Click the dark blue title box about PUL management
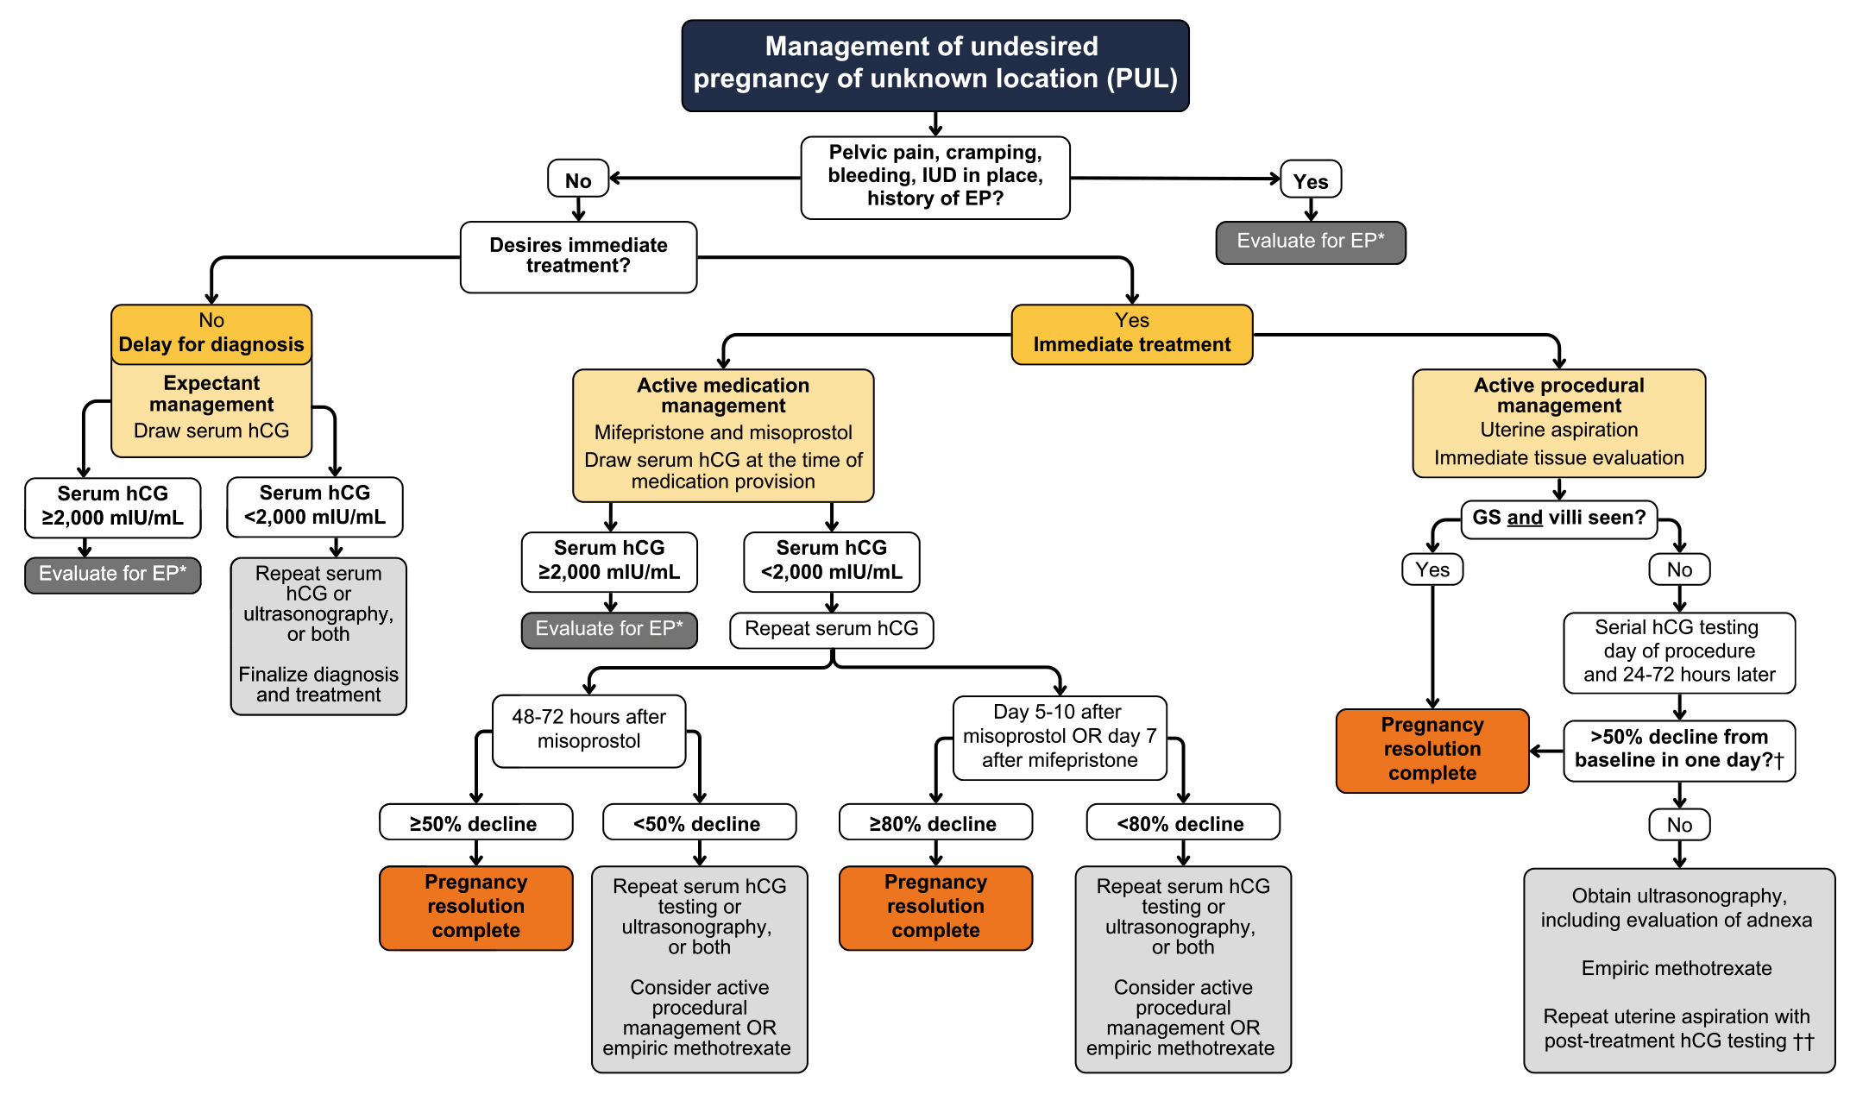pyautogui.click(x=935, y=65)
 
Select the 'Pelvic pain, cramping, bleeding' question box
pyautogui.click(x=935, y=177)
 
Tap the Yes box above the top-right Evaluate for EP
pyautogui.click(x=1310, y=180)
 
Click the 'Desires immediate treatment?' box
pyautogui.click(x=578, y=256)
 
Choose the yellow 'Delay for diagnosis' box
pyautogui.click(x=211, y=335)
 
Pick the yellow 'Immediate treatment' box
pyautogui.click(x=1131, y=335)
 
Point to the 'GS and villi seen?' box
pyautogui.click(x=1558, y=519)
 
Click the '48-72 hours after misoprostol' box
pyautogui.click(x=588, y=730)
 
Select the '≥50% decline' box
pyautogui.click(x=475, y=823)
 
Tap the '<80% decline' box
pyautogui.click(x=1182, y=823)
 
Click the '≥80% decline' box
pyautogui.click(x=934, y=823)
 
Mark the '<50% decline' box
pyautogui.click(x=698, y=823)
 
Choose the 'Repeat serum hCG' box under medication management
pyautogui.click(x=831, y=629)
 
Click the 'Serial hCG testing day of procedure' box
pyautogui.click(x=1678, y=651)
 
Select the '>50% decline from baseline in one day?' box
pyautogui.click(x=1678, y=750)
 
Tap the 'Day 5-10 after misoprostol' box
pyautogui.click(x=1059, y=737)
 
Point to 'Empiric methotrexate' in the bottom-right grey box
pyautogui.click(x=1677, y=968)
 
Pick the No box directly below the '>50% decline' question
pyautogui.click(x=1678, y=825)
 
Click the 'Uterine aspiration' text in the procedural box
pyautogui.click(x=1558, y=430)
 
